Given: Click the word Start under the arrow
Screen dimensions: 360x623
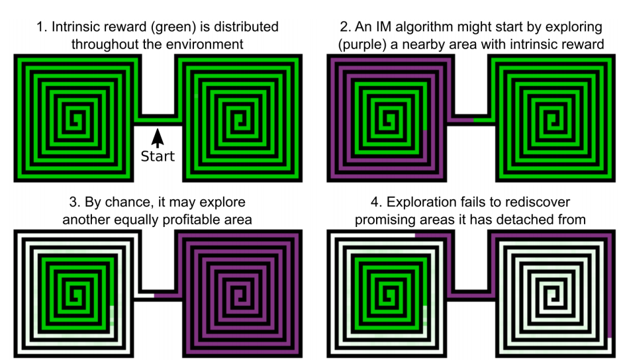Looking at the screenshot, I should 158,156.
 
